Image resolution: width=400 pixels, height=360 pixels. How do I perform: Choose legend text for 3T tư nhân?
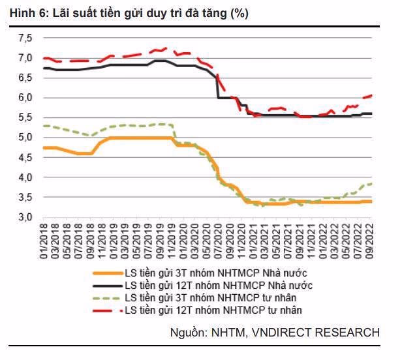203,297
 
